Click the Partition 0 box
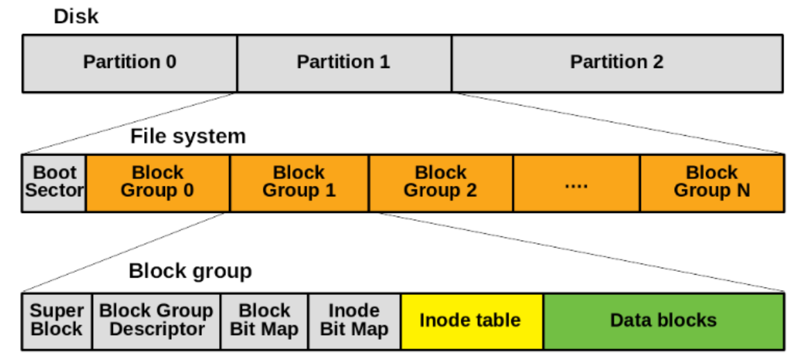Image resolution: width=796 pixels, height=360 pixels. tap(130, 64)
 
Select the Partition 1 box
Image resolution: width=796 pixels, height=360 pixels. tap(344, 64)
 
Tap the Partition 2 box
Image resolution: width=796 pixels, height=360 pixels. tap(617, 64)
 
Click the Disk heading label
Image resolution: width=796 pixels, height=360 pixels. tap(76, 16)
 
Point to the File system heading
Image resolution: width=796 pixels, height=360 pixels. tap(188, 136)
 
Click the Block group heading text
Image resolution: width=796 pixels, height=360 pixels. tap(190, 271)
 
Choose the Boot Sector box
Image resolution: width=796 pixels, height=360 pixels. tap(54, 183)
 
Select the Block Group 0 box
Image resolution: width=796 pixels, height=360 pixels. tap(158, 183)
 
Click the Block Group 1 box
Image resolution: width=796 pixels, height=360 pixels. tap(300, 183)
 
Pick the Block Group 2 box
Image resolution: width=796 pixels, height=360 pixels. tap(441, 183)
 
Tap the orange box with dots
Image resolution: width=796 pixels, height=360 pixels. tap(577, 183)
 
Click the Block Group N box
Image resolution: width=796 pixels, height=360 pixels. tap(711, 183)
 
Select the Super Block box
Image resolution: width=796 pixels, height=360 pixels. tap(57, 321)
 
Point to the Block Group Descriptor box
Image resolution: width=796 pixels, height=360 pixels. tap(157, 321)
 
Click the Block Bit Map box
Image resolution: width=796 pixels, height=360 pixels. tap(264, 321)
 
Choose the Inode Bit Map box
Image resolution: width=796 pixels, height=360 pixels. tap(354, 321)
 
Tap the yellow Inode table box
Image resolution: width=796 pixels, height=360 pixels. tap(472, 321)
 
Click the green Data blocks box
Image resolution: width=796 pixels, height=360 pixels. tap(664, 321)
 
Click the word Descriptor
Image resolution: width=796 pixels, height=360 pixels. tap(157, 329)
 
